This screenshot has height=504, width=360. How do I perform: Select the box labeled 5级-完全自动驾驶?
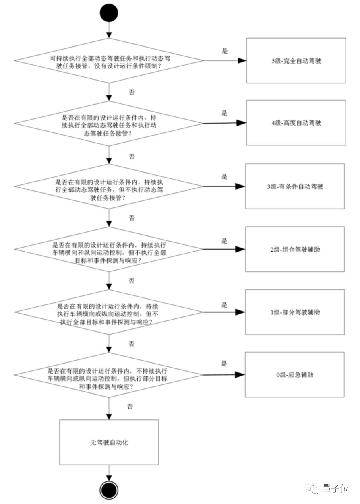[x=296, y=61]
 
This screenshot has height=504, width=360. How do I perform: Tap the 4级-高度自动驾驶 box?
[x=296, y=123]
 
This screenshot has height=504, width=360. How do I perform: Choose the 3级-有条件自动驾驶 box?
[x=296, y=186]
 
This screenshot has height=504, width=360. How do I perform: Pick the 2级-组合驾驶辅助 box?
[x=296, y=249]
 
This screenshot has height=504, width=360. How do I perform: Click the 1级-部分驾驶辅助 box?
[x=296, y=312]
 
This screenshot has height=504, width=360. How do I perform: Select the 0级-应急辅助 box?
[x=295, y=375]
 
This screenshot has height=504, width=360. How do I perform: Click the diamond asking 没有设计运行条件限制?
[x=109, y=61]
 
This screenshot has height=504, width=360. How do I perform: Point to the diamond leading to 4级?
[x=109, y=124]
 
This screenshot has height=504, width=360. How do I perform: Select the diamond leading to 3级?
[x=109, y=186]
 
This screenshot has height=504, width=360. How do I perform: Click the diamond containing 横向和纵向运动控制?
[x=109, y=249]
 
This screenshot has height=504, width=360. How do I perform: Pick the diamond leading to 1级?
[x=109, y=312]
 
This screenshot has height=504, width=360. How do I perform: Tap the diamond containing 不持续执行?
[x=109, y=375]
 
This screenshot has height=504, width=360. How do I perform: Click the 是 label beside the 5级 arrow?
[x=225, y=51]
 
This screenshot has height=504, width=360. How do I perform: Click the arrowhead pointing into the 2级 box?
[x=240, y=250]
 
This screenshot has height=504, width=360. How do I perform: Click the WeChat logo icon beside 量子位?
[x=312, y=488]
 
